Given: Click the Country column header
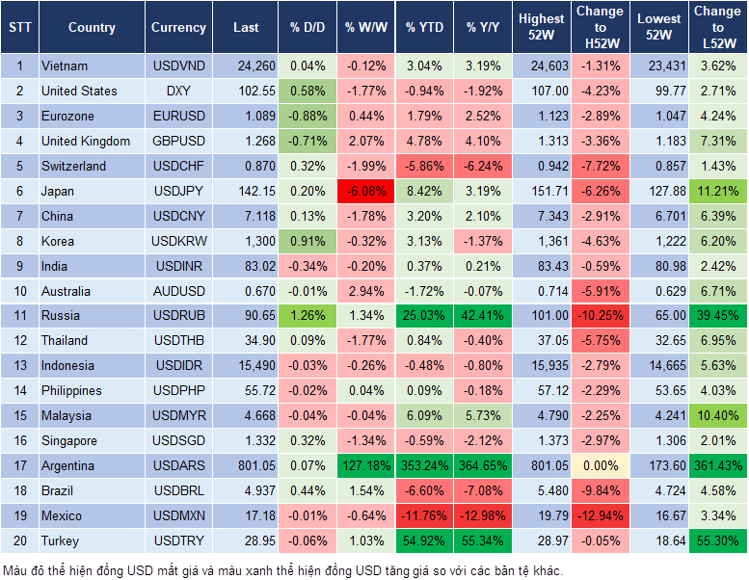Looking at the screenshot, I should click(x=92, y=28).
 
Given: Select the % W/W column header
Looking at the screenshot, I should click(x=365, y=28).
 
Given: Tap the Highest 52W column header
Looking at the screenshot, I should click(x=541, y=28).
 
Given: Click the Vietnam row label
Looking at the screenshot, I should click(x=65, y=66).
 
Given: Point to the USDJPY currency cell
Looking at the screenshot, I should click(x=178, y=191).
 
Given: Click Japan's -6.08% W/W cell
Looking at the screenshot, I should click(x=365, y=191).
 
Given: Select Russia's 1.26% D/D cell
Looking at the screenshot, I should click(x=307, y=315).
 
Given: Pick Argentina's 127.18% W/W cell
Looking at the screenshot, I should click(x=365, y=465).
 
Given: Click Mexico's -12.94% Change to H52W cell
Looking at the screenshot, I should click(x=599, y=515).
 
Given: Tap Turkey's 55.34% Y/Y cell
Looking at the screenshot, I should click(x=484, y=540).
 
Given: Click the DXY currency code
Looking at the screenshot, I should click(x=178, y=91).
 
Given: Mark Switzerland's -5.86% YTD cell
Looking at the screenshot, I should click(x=425, y=166).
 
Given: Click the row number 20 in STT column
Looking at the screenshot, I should click(x=19, y=540).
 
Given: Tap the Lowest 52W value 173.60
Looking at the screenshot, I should click(x=660, y=465).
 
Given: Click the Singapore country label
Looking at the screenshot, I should click(x=68, y=440).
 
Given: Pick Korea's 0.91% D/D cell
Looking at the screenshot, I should click(x=307, y=241).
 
